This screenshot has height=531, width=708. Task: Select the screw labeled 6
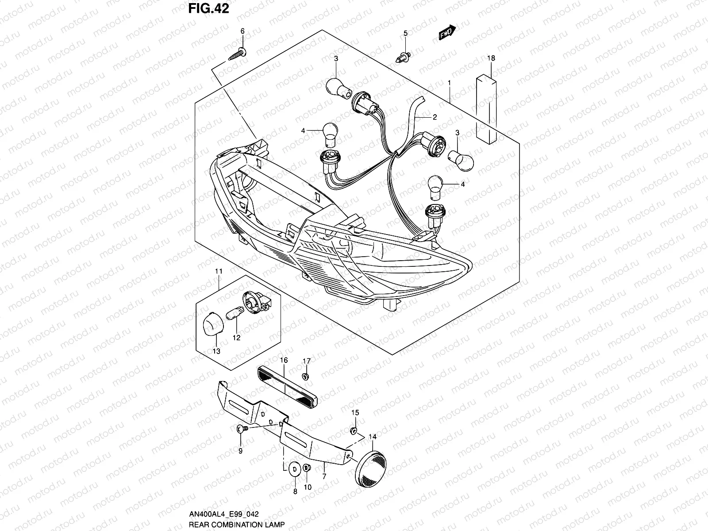pyautogui.click(x=237, y=54)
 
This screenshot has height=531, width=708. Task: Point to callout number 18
pyautogui.click(x=492, y=58)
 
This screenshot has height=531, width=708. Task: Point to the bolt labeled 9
pyautogui.click(x=241, y=428)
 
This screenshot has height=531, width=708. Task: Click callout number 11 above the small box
pyautogui.click(x=219, y=271)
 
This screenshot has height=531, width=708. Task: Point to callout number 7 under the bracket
pyautogui.click(x=324, y=477)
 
